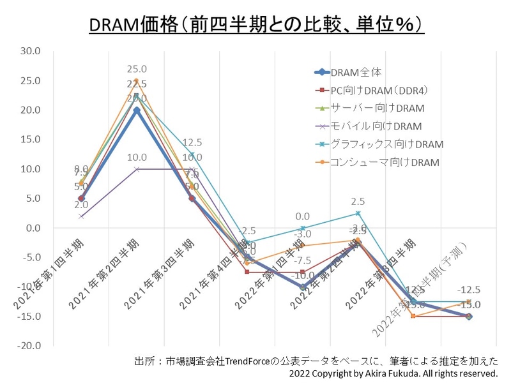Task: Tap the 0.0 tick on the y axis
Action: click(x=33, y=228)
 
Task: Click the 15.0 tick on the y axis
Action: click(x=30, y=140)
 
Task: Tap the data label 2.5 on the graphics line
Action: click(x=358, y=202)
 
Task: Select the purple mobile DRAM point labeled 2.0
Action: click(x=80, y=216)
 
